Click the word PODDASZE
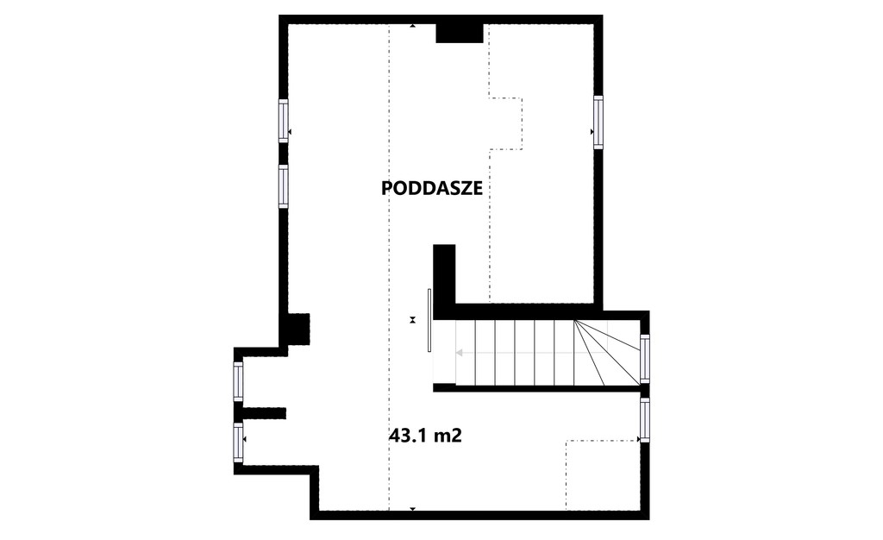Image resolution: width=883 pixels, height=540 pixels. point(432,188)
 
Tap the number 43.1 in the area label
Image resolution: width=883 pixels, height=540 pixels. point(409,436)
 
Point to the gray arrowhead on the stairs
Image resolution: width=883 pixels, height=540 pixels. point(459,353)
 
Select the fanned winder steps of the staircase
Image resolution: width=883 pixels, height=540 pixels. point(607,353)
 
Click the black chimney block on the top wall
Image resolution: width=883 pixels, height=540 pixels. point(460,34)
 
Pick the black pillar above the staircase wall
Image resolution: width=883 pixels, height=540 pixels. point(444,274)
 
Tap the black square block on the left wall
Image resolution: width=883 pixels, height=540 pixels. point(298,329)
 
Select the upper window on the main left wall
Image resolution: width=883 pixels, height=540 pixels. point(283,121)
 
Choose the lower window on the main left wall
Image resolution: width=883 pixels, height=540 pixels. point(283,185)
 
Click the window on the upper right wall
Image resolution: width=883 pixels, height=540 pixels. point(598,122)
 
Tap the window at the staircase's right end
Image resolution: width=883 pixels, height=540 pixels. point(645,359)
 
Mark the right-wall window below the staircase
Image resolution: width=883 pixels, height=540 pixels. point(645,420)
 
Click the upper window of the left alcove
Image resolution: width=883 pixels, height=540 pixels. point(238,381)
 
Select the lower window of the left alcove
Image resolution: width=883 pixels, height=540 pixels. point(238,443)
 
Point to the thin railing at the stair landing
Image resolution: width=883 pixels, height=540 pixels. point(429,320)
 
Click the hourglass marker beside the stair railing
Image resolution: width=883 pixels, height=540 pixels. point(413,320)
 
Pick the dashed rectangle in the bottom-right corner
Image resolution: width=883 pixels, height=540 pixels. point(603,475)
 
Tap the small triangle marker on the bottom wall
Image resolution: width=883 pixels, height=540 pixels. point(413,509)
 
